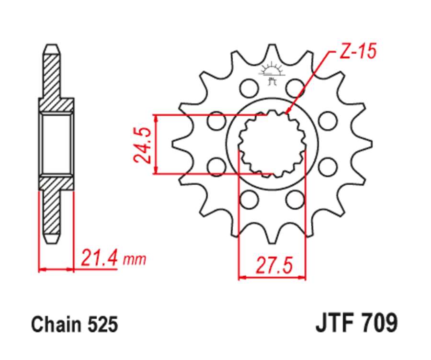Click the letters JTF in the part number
click(x=335, y=324)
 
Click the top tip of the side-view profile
click(x=52, y=46)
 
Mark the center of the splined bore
click(x=272, y=144)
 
